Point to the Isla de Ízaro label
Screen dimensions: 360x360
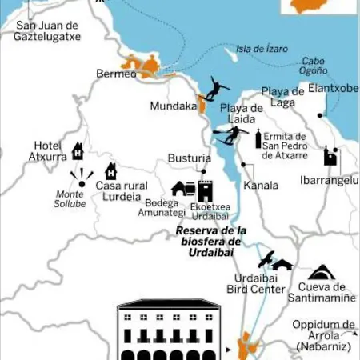pyautogui.click(x=264, y=49)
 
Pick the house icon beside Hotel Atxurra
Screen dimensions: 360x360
pyautogui.click(x=78, y=150)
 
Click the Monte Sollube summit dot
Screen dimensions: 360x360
pyautogui.click(x=82, y=183)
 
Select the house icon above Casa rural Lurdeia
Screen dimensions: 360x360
pyautogui.click(x=110, y=170)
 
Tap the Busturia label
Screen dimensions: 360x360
pyautogui.click(x=189, y=158)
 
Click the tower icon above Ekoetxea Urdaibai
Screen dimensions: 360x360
pyautogui.click(x=206, y=190)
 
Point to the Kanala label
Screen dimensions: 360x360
pyautogui.click(x=260, y=185)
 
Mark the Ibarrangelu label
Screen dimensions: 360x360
pyautogui.click(x=328, y=180)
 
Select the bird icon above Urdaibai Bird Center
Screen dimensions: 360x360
pyautogui.click(x=268, y=258)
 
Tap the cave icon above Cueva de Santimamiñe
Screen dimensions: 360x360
pyautogui.click(x=322, y=273)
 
